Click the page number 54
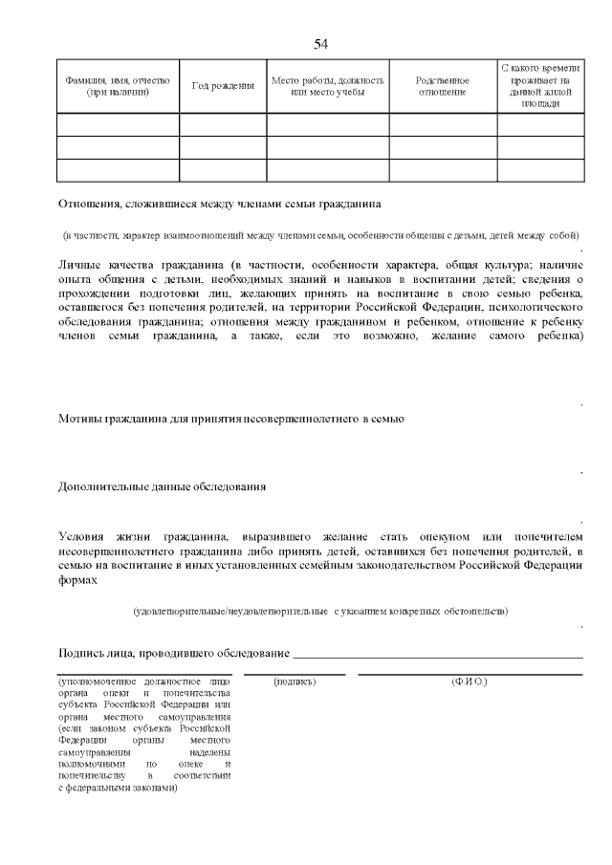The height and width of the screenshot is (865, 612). (321, 44)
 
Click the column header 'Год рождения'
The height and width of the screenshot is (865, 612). (223, 86)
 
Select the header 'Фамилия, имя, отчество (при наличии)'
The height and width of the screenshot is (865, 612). (119, 86)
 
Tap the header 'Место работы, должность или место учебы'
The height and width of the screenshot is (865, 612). (327, 86)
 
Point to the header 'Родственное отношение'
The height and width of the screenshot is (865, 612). (443, 86)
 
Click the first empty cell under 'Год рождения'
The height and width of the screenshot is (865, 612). (223, 124)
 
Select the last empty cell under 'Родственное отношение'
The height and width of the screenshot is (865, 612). (443, 170)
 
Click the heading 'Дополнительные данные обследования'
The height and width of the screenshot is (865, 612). (162, 487)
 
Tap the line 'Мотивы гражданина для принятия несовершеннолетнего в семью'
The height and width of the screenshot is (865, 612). (231, 419)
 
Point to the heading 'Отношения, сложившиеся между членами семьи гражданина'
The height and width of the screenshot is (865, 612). (220, 204)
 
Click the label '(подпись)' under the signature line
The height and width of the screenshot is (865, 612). (295, 681)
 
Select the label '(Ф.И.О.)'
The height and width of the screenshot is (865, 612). (469, 681)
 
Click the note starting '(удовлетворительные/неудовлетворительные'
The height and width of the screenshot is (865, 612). (320, 610)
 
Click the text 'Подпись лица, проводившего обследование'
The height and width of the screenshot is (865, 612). (173, 653)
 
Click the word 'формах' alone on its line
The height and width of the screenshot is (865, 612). (77, 579)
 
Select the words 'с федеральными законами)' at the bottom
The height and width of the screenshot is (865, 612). (118, 789)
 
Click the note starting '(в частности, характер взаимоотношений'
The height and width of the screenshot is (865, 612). (320, 235)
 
